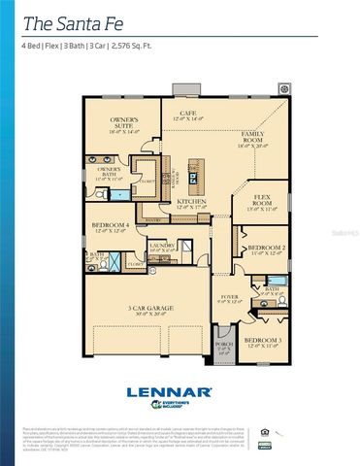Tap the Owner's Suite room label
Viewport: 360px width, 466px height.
point(124,124)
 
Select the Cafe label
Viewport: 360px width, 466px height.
point(188,116)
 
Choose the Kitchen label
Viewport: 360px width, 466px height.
point(190,205)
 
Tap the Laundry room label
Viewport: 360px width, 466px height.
point(162,249)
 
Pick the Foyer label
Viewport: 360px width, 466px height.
point(229,298)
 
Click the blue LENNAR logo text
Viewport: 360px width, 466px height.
point(169,391)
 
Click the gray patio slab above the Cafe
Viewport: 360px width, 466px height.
point(185,89)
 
